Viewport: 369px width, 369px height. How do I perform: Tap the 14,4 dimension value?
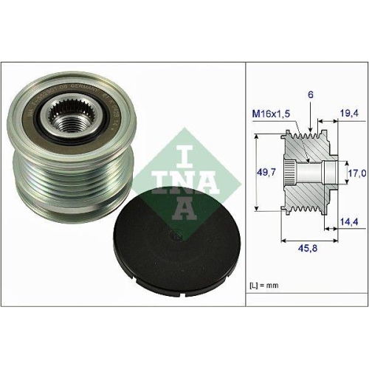(350, 220)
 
